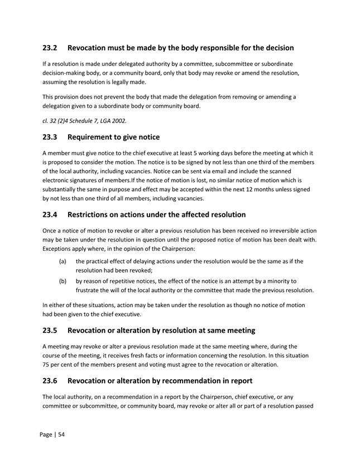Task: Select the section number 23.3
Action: (51, 137)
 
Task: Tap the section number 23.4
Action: (51, 214)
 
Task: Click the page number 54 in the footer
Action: (62, 434)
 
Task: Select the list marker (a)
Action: (64, 261)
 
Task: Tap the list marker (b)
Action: (64, 281)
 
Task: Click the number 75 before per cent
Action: (47, 365)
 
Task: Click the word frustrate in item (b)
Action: (90, 290)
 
